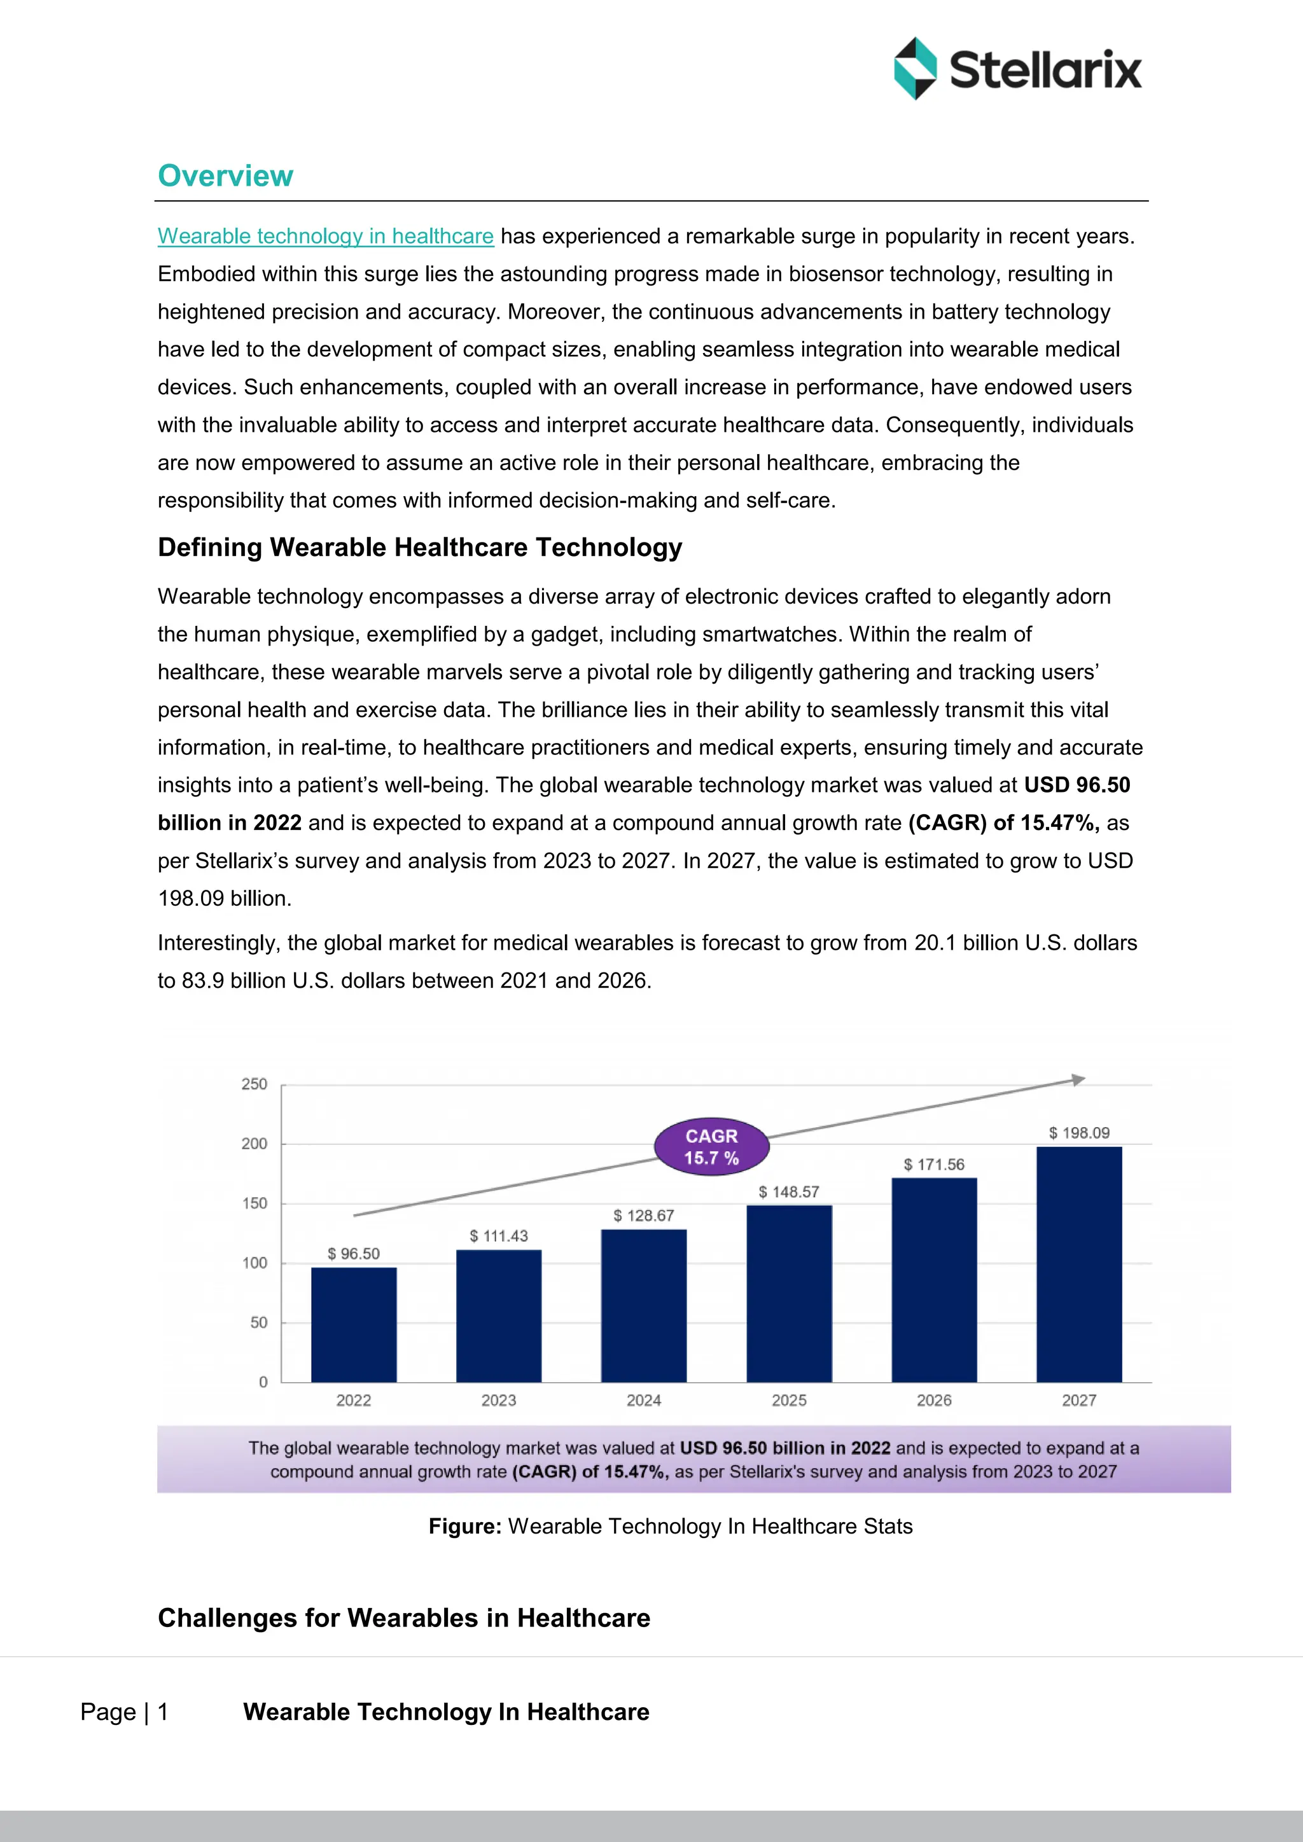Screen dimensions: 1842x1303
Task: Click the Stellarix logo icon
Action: coord(915,68)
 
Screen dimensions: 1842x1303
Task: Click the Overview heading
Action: coord(225,176)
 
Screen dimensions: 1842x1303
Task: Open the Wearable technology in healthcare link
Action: coord(325,236)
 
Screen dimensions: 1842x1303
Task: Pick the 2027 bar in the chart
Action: coord(1078,1264)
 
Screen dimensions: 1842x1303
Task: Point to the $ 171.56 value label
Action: coord(934,1164)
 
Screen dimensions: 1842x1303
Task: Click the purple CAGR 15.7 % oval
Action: coord(712,1146)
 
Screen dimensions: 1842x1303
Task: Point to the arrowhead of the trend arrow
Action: coord(1078,1080)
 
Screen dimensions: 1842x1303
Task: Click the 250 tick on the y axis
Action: coord(254,1084)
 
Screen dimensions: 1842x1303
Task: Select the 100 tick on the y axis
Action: coord(254,1263)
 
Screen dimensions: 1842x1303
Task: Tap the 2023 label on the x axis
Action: coord(498,1400)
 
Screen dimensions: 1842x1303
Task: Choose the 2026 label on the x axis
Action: coord(934,1400)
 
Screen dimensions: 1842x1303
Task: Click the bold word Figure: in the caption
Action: coord(464,1526)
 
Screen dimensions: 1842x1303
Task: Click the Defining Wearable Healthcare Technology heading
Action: coord(420,547)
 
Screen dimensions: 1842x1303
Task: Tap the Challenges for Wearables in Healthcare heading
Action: coord(403,1617)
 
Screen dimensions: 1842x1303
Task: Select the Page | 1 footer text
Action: coord(124,1712)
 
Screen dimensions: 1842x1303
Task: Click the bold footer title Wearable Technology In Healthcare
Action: coord(446,1712)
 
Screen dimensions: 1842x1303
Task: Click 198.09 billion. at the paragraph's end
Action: coord(225,899)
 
